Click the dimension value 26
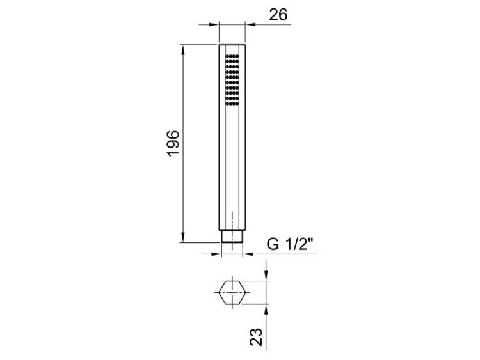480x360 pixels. point(278,15)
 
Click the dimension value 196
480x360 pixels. point(173,143)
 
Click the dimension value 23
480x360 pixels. point(256,337)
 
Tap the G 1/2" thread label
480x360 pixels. point(290,244)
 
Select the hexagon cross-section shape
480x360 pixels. point(232,292)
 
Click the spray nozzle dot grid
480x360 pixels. point(232,80)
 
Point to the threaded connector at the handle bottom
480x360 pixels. point(232,237)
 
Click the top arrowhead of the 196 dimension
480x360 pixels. point(183,50)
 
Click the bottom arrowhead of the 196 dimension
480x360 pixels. point(183,237)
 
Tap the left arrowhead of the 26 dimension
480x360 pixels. point(213,24)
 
